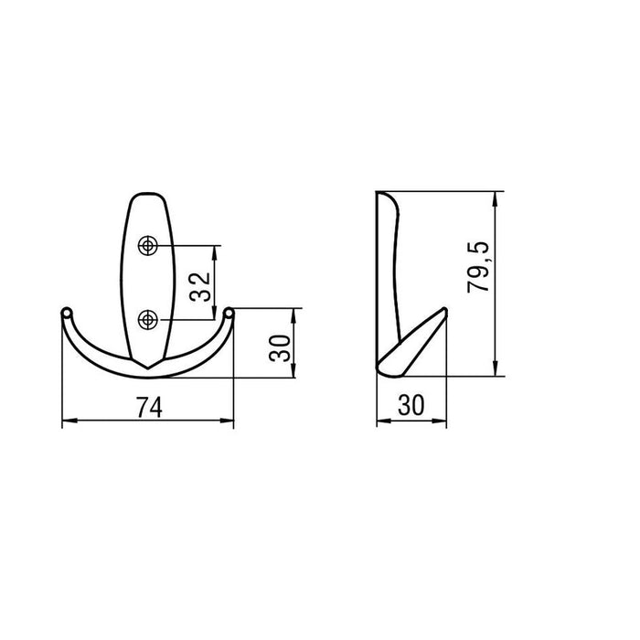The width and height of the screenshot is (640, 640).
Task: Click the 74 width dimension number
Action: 149,408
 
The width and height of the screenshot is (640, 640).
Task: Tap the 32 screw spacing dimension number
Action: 200,287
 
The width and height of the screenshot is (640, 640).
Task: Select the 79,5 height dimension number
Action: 478,267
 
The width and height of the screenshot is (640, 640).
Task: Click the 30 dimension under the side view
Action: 411,405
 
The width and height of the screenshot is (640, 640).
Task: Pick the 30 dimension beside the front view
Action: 280,348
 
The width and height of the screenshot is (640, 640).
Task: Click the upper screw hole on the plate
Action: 148,246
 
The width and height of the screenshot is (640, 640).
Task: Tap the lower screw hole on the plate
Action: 148,320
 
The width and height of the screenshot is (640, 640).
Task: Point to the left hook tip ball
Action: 67,313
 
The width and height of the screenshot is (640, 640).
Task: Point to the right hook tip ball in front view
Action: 229,313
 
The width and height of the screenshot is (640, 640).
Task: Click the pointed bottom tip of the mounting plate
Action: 148,368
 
